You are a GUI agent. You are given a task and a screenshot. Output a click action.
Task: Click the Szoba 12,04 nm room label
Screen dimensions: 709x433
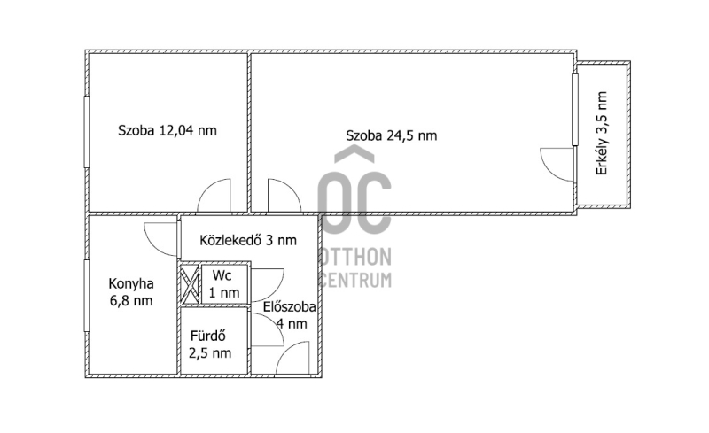[168, 131]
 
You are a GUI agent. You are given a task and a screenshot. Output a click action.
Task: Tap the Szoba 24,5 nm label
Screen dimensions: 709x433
[392, 135]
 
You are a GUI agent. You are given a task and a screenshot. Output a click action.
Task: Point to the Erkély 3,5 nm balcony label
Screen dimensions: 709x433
[602, 134]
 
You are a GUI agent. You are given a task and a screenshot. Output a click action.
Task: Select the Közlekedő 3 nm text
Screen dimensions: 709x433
[248, 240]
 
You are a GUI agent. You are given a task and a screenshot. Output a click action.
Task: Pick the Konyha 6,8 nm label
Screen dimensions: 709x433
[131, 292]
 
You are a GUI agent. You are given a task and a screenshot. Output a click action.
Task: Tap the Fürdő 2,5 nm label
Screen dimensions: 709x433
[210, 344]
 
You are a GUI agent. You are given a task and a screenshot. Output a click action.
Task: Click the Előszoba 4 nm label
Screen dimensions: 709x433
[290, 315]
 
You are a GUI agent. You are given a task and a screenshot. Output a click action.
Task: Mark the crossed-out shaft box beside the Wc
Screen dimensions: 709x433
[190, 284]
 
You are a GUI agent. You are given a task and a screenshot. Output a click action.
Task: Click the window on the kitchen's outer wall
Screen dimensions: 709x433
[86, 296]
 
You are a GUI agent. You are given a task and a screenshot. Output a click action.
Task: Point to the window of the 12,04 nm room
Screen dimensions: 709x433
[86, 132]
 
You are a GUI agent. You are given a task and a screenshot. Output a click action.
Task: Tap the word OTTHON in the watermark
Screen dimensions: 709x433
[355, 257]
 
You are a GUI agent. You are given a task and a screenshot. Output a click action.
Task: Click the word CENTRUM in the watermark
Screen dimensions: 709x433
[355, 280]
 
